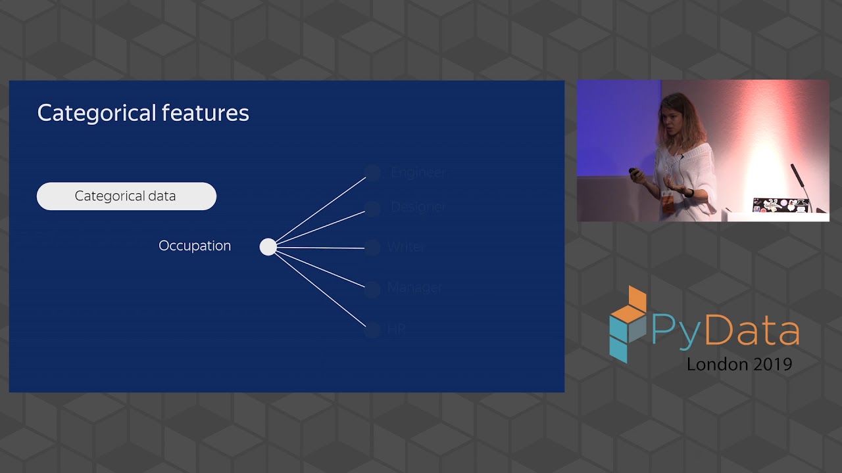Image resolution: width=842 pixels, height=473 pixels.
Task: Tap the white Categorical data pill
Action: click(x=126, y=196)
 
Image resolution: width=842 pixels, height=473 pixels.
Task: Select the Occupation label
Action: click(x=195, y=246)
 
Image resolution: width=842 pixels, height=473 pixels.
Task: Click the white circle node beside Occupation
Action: click(x=268, y=247)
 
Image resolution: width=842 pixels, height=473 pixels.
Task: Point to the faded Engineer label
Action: click(x=418, y=172)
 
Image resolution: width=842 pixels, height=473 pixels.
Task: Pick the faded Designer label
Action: click(x=418, y=207)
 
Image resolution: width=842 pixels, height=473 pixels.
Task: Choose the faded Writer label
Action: click(x=405, y=248)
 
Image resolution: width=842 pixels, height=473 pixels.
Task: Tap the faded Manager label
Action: click(x=414, y=288)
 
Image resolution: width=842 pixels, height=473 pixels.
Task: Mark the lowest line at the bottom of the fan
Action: click(x=320, y=289)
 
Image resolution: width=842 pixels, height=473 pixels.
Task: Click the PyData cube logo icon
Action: click(x=628, y=323)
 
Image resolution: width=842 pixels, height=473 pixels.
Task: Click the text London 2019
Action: click(x=739, y=365)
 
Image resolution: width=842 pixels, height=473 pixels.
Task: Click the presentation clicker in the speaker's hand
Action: click(x=633, y=173)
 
